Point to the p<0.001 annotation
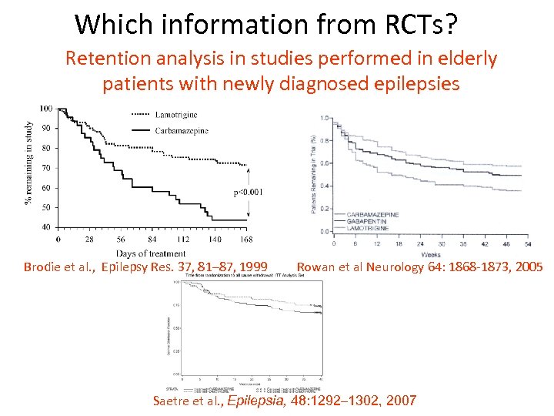pyautogui.click(x=247, y=192)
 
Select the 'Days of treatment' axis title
pyautogui.click(x=151, y=253)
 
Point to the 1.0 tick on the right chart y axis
pyautogui.click(x=326, y=118)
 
